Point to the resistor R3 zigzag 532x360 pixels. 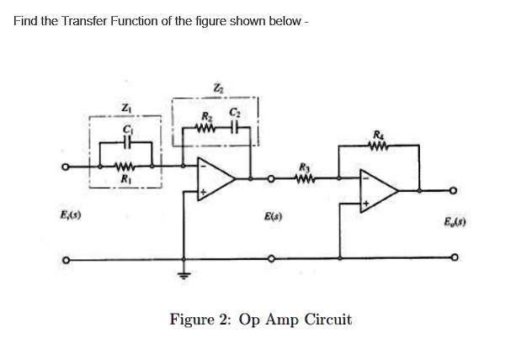[x=306, y=177]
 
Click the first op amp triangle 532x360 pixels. [x=217, y=177]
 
